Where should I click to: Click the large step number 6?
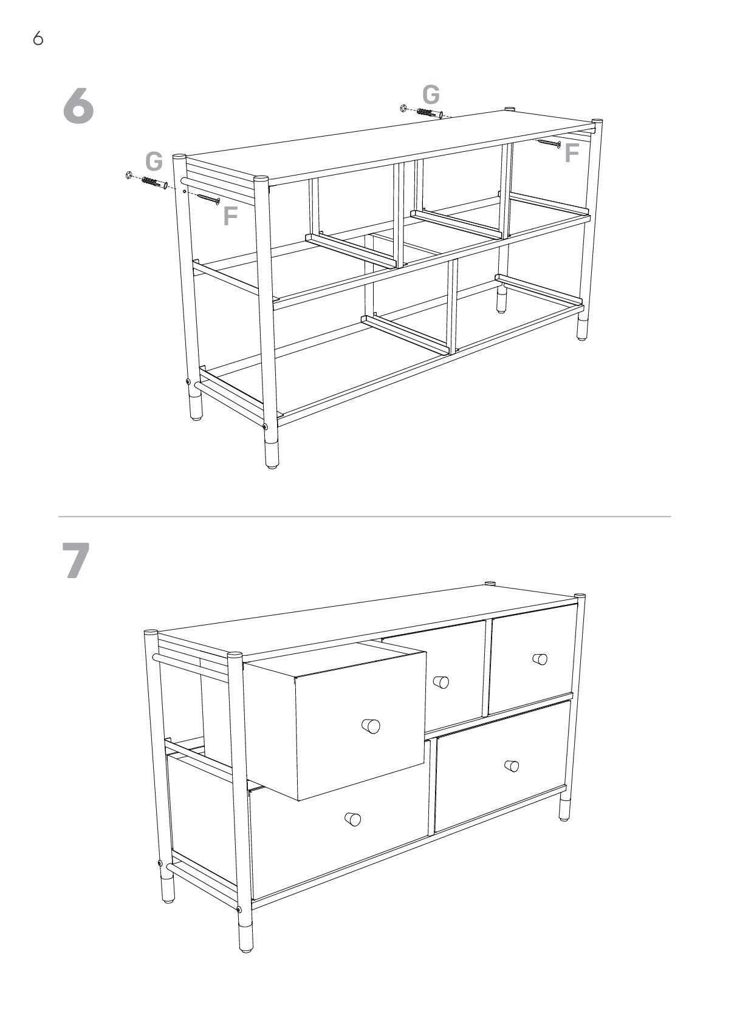click(x=78, y=106)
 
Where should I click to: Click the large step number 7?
click(x=76, y=560)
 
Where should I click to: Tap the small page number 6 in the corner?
click(x=38, y=39)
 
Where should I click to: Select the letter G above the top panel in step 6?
click(x=431, y=95)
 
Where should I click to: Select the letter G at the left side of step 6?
click(x=154, y=162)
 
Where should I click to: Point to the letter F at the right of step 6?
click(x=572, y=153)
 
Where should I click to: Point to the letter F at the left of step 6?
click(x=230, y=216)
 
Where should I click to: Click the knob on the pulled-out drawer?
click(x=370, y=725)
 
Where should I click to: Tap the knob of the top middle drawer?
click(x=440, y=682)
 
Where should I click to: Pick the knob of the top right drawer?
click(x=540, y=658)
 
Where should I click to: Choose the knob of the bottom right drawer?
click(x=512, y=766)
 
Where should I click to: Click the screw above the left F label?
click(x=208, y=199)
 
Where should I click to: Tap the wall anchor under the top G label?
click(x=430, y=113)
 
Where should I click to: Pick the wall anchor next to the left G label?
click(x=154, y=183)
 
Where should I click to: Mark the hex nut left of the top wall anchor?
click(x=403, y=108)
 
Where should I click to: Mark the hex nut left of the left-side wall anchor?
click(x=129, y=176)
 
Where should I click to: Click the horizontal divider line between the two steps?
click(x=365, y=516)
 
